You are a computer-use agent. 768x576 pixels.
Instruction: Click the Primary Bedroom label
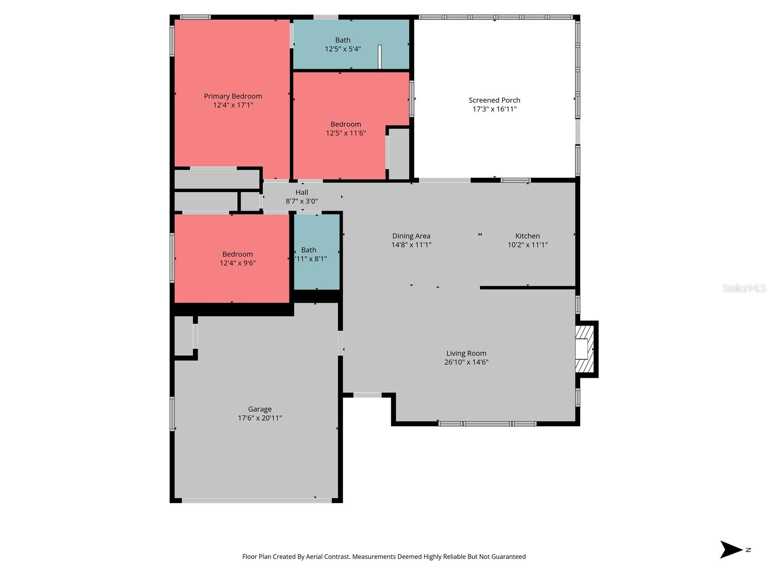pyautogui.click(x=233, y=96)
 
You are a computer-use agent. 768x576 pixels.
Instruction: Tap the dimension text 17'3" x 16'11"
pyautogui.click(x=494, y=109)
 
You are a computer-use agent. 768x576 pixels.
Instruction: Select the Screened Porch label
pyautogui.click(x=494, y=100)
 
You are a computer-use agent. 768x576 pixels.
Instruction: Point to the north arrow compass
pyautogui.click(x=732, y=550)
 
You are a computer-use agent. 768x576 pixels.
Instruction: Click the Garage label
pyautogui.click(x=260, y=409)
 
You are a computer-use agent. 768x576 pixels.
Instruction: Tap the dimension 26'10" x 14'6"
pyautogui.click(x=466, y=362)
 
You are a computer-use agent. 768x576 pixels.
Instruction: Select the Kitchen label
pyautogui.click(x=528, y=236)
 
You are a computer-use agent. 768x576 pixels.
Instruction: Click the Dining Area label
pyautogui.click(x=411, y=236)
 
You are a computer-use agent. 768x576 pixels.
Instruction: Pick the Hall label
pyautogui.click(x=302, y=192)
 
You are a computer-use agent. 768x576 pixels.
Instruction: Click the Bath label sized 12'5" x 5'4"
pyautogui.click(x=343, y=40)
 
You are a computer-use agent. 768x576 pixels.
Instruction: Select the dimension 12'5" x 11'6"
pyautogui.click(x=346, y=133)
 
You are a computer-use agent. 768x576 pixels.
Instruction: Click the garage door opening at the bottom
pyautogui.click(x=256, y=501)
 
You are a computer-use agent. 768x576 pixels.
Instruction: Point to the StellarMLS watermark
pyautogui.click(x=744, y=288)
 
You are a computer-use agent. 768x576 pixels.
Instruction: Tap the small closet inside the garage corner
pyautogui.click(x=183, y=336)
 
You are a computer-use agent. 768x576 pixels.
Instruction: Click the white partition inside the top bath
pyautogui.click(x=380, y=57)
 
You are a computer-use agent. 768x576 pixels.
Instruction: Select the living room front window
pyautogui.click(x=487, y=423)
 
